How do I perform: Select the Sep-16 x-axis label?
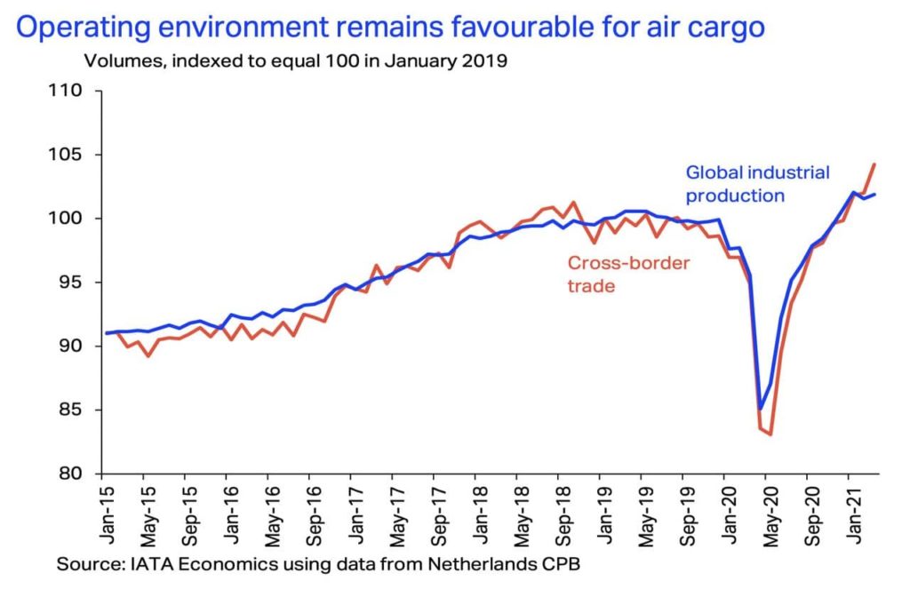(x=312, y=514)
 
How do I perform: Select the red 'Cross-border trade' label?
(x=627, y=275)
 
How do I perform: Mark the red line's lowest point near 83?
(x=770, y=435)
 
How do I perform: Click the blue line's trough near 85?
(x=760, y=410)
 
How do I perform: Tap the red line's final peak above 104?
(x=874, y=164)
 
